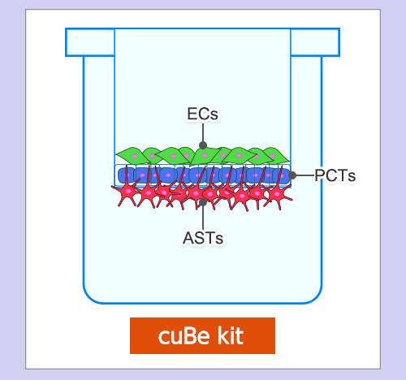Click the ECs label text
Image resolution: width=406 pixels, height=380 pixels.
pyautogui.click(x=202, y=114)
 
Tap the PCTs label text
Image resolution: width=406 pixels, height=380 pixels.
pyautogui.click(x=335, y=175)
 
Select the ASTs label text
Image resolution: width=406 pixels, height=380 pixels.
pyautogui.click(x=203, y=239)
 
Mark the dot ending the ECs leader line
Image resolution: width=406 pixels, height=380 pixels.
pyautogui.click(x=203, y=145)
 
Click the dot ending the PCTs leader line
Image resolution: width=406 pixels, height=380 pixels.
pyautogui.click(x=292, y=175)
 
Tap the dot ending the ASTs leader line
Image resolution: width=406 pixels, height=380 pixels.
pyautogui.click(x=203, y=202)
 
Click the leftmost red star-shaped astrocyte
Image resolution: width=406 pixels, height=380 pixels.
pyautogui.click(x=127, y=192)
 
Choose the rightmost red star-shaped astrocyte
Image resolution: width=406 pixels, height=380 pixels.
pyautogui.click(x=278, y=194)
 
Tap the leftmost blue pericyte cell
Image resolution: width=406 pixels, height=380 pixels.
pyautogui.click(x=126, y=175)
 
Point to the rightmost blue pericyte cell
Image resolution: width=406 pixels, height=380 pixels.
pyautogui.click(x=282, y=175)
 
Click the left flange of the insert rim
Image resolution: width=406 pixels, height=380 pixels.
pyautogui.click(x=90, y=42)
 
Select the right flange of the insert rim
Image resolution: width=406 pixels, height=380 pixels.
pyautogui.click(x=315, y=42)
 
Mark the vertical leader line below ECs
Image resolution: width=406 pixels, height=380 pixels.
pyautogui.click(x=203, y=132)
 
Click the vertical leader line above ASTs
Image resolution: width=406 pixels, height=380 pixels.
pyautogui.click(x=203, y=218)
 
